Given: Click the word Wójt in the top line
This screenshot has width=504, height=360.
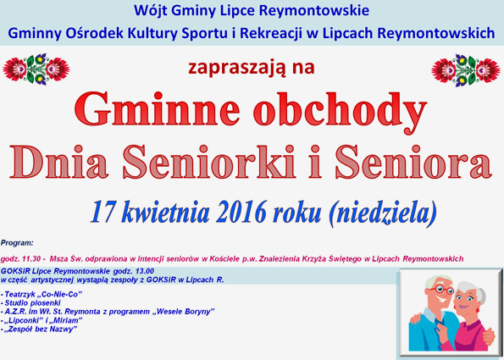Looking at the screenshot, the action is (x=150, y=11).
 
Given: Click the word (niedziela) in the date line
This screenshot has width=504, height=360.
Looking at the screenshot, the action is (x=382, y=213).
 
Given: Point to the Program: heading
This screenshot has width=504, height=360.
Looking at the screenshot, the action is (x=17, y=243).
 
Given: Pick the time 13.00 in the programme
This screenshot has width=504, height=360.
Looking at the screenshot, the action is (x=142, y=270).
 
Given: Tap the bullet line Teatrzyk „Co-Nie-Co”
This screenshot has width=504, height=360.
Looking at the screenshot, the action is (x=42, y=294).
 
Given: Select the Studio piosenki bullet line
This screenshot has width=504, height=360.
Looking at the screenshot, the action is (x=30, y=302).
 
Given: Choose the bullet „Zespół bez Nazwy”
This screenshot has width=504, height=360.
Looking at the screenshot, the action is (x=39, y=330).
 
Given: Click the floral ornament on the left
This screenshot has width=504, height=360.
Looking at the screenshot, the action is (x=36, y=69).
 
